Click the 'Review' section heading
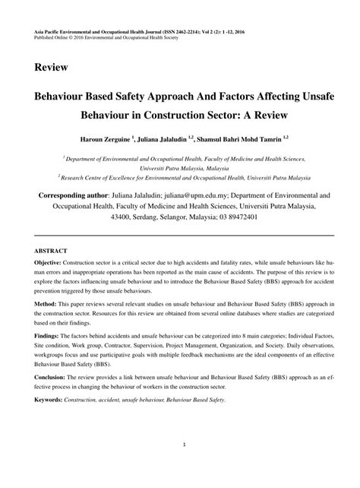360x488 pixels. coord(50,67)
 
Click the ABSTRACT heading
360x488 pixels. coord(50,249)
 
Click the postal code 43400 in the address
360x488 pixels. coord(123,217)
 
